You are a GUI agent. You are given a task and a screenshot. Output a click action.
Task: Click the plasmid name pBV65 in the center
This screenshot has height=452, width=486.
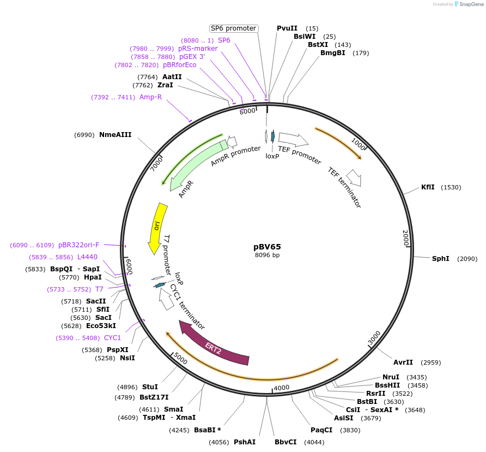coord(267,247)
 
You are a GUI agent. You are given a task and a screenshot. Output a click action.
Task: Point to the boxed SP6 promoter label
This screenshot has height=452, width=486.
coord(233,28)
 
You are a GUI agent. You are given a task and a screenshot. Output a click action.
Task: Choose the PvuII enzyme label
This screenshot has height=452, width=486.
coord(287,28)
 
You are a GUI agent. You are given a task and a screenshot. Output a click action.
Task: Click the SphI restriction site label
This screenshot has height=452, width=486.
coord(440,259)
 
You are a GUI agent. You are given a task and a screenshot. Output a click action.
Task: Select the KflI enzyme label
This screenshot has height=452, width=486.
coord(428,187)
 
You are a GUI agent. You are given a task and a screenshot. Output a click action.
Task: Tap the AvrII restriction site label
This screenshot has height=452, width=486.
coord(403,362)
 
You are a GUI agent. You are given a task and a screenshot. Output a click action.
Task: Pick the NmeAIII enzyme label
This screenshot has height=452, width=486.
coord(115,135)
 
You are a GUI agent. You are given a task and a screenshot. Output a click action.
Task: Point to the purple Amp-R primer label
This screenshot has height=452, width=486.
coord(150,97)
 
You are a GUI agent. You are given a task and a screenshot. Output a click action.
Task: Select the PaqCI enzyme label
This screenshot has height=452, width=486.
coord(321,430)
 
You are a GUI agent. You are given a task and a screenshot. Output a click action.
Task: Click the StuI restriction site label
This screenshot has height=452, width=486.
coord(150,387)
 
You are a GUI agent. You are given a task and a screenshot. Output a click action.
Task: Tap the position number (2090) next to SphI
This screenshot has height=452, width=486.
coord(467,259)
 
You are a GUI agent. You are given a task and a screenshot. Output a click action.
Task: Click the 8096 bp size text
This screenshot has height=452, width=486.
coord(267,255)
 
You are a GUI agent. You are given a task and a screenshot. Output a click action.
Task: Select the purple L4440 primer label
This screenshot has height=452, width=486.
coord(87,257)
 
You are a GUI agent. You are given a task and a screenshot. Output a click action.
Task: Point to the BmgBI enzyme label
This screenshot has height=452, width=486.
coord(332,53)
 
